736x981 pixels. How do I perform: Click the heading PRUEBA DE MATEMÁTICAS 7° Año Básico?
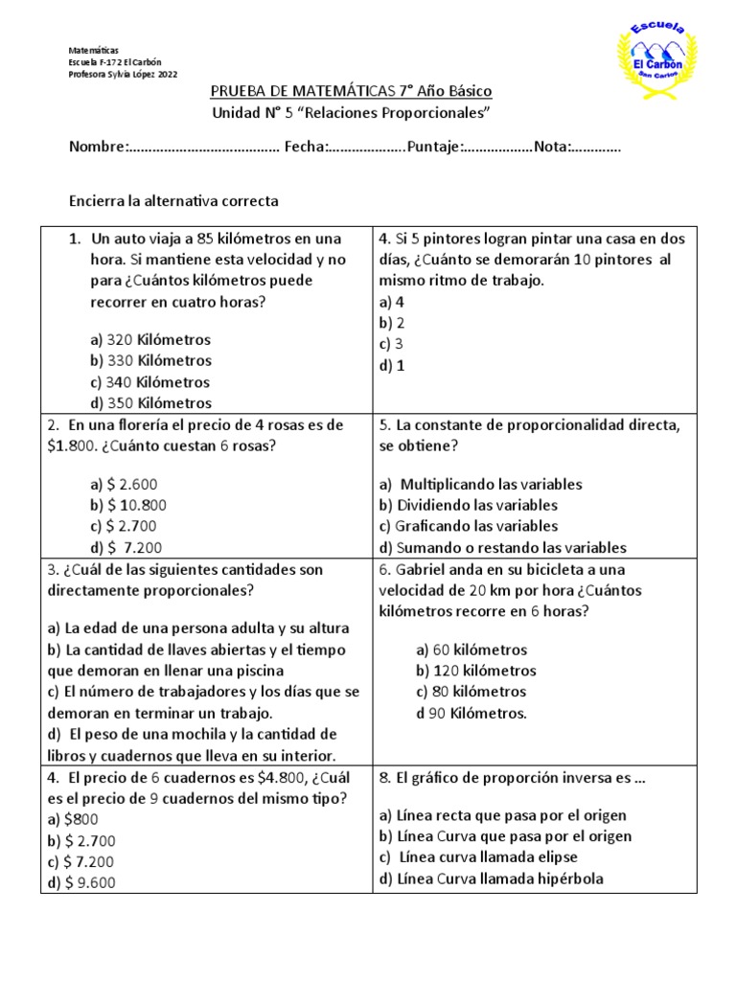351,91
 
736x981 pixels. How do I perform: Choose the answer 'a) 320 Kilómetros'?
150,340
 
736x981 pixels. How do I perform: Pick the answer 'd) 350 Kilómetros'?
150,403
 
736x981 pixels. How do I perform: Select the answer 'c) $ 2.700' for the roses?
123,526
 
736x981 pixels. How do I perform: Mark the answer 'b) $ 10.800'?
127,505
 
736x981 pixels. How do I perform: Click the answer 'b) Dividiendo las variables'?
469,505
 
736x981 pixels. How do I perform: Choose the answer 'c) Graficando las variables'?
469,526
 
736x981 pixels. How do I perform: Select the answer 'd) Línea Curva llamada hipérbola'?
492,878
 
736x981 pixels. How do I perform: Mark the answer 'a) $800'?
73,819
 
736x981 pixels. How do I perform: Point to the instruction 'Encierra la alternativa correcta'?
173,201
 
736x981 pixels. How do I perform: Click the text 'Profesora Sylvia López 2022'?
123,75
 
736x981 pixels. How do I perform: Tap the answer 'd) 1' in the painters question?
392,365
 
